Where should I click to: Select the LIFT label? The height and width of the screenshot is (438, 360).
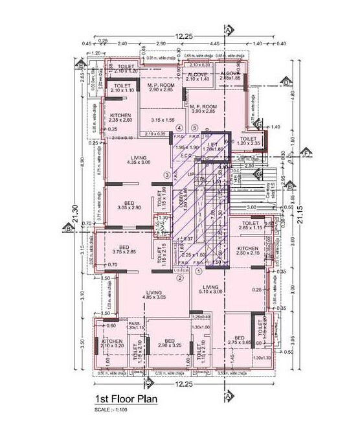pos(212,146)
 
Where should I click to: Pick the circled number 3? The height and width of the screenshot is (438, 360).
pos(167,175)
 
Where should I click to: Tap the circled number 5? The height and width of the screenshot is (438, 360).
pos(194,127)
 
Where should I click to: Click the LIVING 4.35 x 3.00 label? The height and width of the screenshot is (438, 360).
pos(138,161)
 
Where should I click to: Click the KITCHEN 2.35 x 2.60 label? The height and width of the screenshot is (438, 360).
pos(120,117)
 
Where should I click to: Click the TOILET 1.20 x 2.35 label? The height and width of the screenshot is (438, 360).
pos(248,141)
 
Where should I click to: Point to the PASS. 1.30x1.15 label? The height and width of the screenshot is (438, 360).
pos(135,325)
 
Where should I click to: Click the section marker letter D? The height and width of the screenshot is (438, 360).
pos(286,82)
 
